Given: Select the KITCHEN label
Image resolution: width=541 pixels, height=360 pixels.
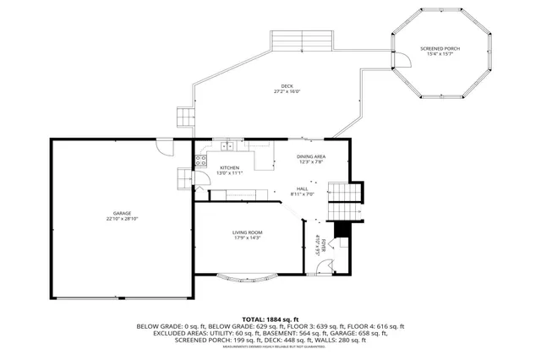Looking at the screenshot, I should [x=230, y=167].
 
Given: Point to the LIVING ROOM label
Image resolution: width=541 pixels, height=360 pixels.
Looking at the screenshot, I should [x=248, y=232].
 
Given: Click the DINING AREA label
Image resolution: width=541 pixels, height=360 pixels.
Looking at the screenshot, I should [x=311, y=156].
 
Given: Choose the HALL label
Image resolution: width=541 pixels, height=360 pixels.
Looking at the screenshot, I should [x=302, y=188].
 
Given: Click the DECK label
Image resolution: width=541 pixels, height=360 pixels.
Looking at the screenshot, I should [x=287, y=86].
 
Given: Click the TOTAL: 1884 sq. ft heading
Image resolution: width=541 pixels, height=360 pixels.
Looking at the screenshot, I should [x=270, y=319].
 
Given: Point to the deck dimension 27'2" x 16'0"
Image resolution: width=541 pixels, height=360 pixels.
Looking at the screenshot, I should [x=287, y=92].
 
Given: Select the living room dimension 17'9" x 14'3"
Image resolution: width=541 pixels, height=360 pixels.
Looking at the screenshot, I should [x=248, y=238].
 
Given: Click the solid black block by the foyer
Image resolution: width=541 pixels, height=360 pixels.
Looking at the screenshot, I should [x=342, y=229].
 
